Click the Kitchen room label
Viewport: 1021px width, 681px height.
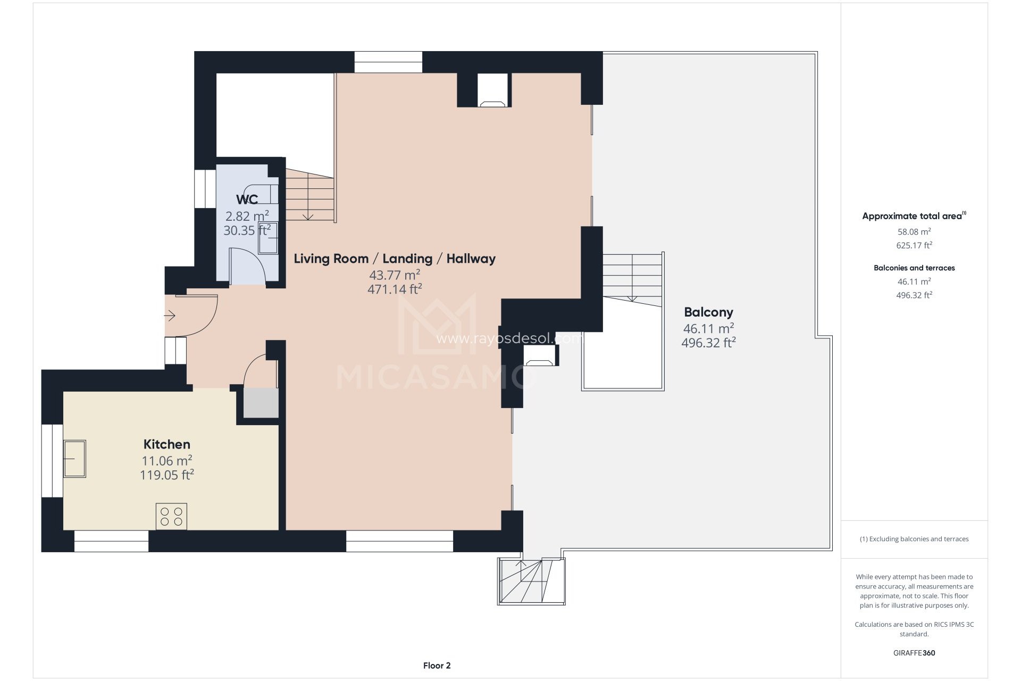pyautogui.click(x=166, y=444)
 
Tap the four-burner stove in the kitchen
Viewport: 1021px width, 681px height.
pyautogui.click(x=171, y=516)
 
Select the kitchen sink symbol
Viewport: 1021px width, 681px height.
pyautogui.click(x=74, y=459)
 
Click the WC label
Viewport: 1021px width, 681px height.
pyautogui.click(x=247, y=200)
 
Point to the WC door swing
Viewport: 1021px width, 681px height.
pyautogui.click(x=248, y=266)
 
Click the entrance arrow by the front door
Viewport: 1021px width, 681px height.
pyautogui.click(x=170, y=316)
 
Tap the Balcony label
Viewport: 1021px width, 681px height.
pyautogui.click(x=708, y=312)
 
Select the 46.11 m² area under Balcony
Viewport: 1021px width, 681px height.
pyautogui.click(x=708, y=328)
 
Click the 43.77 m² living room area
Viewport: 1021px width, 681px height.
pyautogui.click(x=395, y=275)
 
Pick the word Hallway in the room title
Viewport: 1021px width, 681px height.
pyautogui.click(x=471, y=259)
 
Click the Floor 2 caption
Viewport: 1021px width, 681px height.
pyautogui.click(x=437, y=666)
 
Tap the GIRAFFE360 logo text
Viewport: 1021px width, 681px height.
pyautogui.click(x=914, y=653)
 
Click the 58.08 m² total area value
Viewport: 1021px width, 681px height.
pyautogui.click(x=914, y=231)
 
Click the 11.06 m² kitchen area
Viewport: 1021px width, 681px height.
pyautogui.click(x=166, y=460)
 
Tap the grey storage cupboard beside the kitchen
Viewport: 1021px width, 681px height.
pyautogui.click(x=261, y=403)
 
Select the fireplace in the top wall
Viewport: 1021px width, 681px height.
pyautogui.click(x=493, y=90)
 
